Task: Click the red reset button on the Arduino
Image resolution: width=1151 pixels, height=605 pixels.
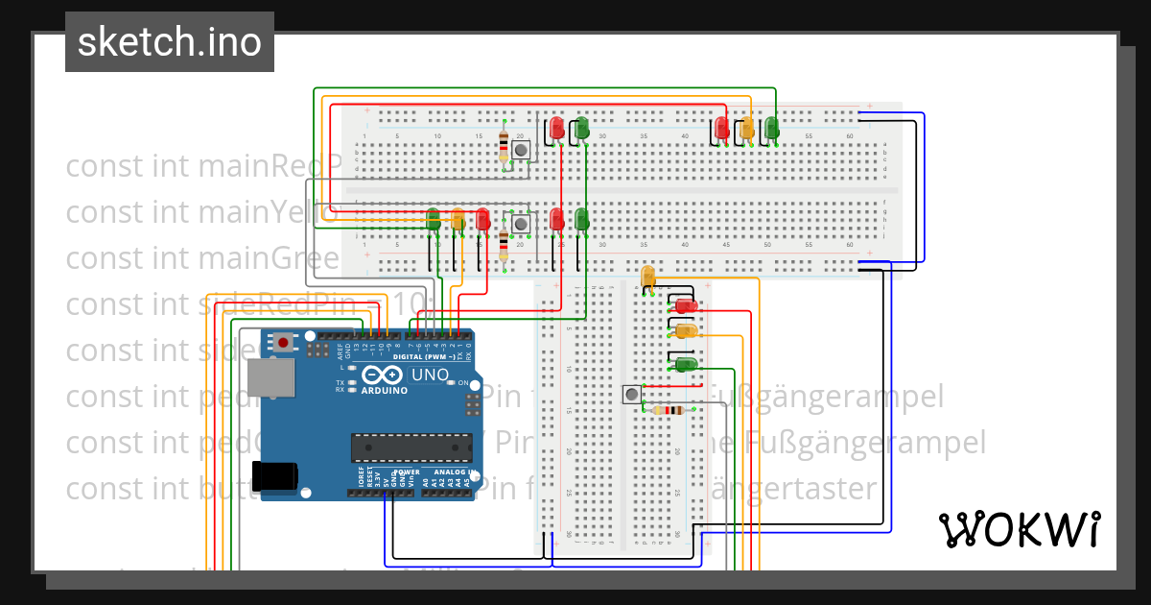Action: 284,342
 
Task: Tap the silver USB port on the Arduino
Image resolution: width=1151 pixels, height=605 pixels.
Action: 271,378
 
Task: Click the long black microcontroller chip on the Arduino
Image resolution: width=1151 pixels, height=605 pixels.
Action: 411,448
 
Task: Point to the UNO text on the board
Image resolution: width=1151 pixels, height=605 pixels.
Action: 430,375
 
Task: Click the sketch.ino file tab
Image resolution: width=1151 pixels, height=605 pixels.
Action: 170,42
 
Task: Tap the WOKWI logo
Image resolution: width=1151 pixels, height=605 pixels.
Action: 1019,529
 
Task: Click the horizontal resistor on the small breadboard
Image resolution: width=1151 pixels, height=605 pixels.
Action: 668,410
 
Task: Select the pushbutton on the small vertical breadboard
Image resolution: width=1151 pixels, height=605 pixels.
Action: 632,394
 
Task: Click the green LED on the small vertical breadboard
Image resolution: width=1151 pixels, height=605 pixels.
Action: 685,364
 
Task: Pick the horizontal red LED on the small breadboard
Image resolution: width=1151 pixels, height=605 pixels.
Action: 685,306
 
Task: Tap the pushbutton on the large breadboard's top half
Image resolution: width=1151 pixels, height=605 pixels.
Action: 521,150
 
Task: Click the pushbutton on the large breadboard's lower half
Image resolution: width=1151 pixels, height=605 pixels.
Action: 521,224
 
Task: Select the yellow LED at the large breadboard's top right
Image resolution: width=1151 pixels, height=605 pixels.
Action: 747,127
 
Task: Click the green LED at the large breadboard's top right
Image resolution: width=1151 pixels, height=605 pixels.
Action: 771,127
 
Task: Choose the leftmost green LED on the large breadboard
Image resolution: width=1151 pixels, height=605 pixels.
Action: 434,219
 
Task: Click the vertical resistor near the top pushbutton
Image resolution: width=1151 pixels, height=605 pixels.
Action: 505,147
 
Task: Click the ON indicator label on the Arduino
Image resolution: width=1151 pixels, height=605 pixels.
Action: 463,383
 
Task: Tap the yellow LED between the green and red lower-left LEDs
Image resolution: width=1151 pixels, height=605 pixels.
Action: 458,220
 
